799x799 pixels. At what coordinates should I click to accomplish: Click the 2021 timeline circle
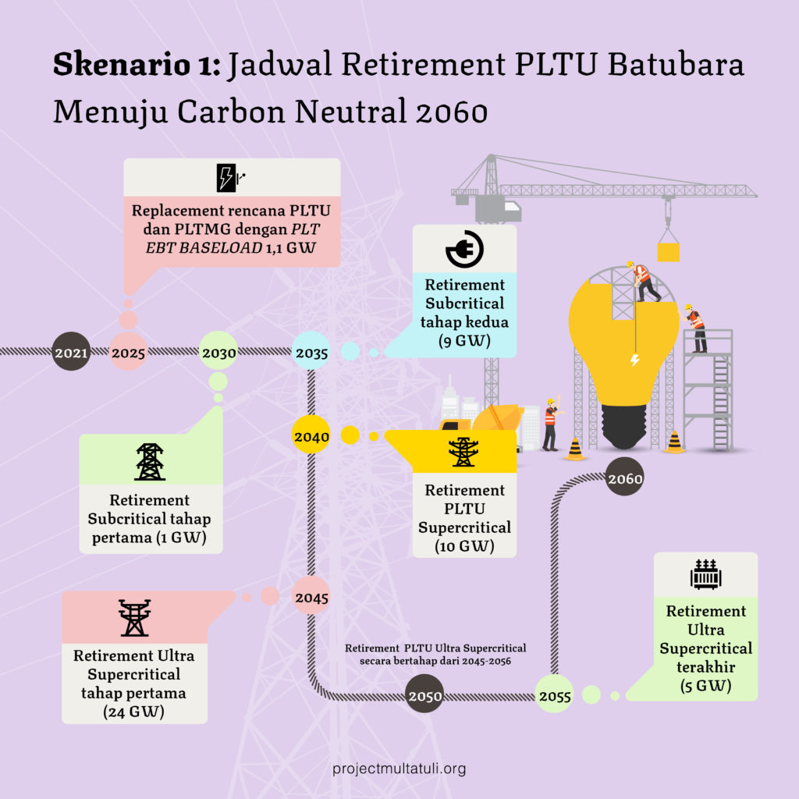71,351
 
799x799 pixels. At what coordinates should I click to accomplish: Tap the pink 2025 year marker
128,352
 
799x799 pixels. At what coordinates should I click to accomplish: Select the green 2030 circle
218,351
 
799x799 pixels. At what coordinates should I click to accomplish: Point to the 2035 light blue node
311,351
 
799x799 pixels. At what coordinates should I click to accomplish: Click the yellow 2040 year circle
311,435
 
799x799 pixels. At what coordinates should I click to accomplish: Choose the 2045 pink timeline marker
311,595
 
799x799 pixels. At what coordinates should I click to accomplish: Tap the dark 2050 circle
424,694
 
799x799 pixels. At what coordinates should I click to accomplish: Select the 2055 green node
555,694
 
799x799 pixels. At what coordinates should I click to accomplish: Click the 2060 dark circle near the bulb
625,477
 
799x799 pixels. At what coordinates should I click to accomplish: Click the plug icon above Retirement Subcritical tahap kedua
465,249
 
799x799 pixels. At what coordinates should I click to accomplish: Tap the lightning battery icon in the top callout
230,178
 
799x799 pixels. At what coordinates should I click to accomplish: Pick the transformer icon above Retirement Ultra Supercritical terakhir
705,574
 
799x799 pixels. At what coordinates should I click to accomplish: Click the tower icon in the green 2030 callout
150,462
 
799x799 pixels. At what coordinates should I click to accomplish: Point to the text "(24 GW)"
134,712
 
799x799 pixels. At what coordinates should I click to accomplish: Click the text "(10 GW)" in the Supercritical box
465,545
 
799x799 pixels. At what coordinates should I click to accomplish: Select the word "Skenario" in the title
122,65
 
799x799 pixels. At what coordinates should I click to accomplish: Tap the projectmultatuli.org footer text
399,769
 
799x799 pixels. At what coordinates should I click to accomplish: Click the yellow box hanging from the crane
668,252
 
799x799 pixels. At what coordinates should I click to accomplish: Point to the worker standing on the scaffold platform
695,328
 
